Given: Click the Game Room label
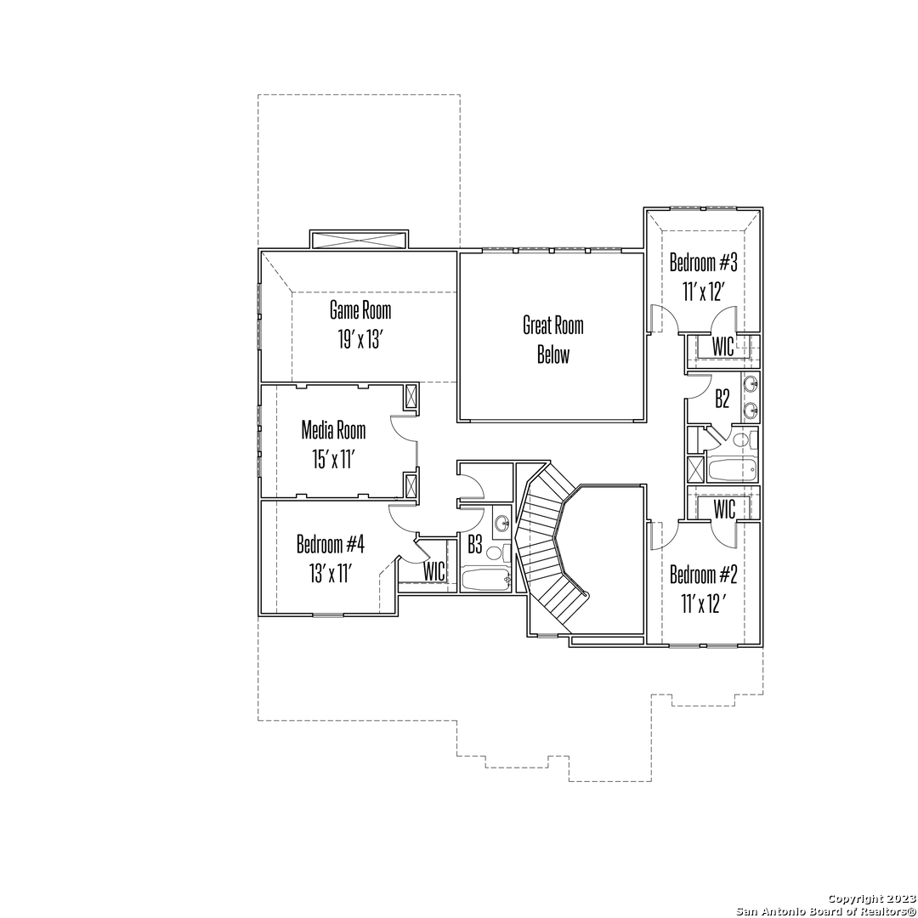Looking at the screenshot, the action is click(x=360, y=310).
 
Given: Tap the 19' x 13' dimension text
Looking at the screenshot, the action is click(x=360, y=339).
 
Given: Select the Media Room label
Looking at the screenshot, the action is click(x=333, y=430).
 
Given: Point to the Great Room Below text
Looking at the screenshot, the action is click(x=553, y=339).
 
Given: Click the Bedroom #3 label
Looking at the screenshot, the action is click(x=703, y=263).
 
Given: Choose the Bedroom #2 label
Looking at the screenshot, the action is click(x=703, y=575).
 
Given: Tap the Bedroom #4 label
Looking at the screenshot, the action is click(x=330, y=545).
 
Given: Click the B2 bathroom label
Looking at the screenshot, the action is click(x=722, y=399).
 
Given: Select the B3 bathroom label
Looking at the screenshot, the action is click(x=475, y=545).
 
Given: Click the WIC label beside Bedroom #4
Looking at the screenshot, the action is click(x=433, y=571).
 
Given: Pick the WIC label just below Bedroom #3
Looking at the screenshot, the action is click(x=723, y=346).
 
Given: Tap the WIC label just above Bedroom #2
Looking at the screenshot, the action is click(x=724, y=509).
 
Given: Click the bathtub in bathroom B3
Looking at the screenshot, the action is click(x=486, y=580).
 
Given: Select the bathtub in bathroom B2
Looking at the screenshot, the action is click(x=732, y=469).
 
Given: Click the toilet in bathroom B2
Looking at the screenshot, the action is click(x=745, y=440).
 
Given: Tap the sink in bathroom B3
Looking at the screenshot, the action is click(x=501, y=523).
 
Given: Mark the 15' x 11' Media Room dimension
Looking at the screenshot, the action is click(x=333, y=460).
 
